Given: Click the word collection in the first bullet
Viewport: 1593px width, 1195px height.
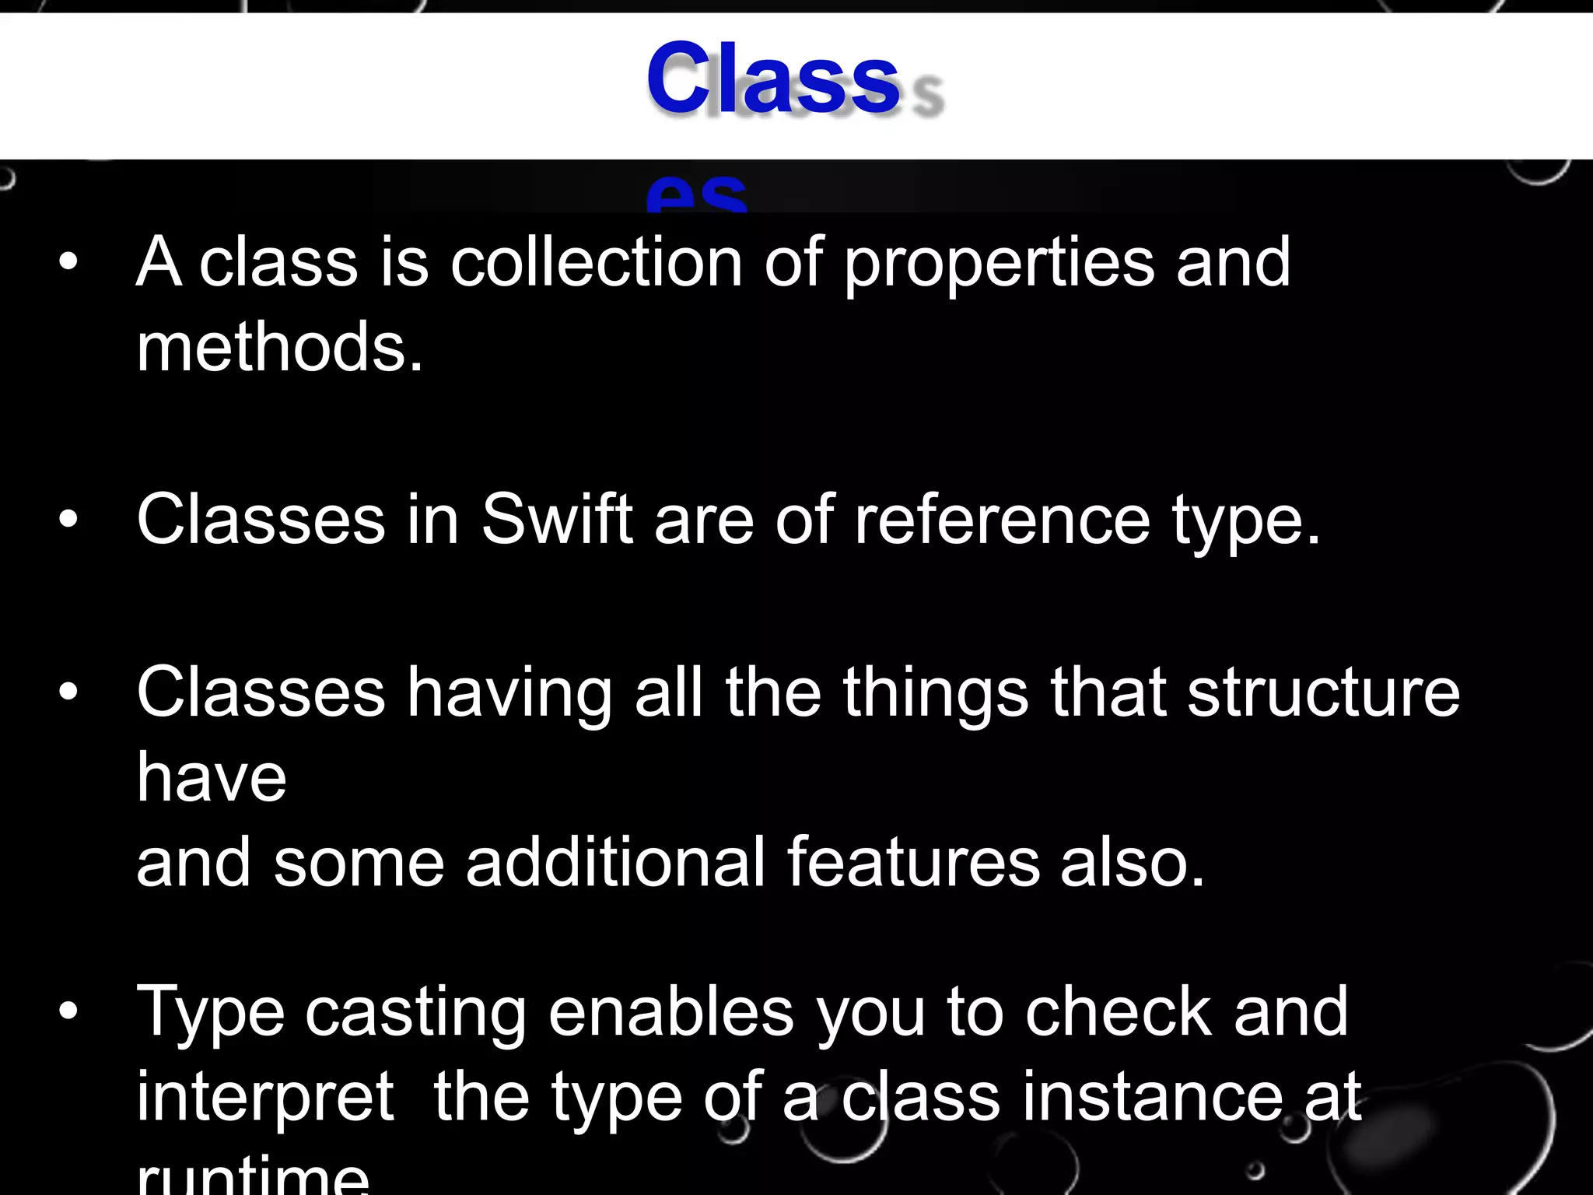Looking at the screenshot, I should tap(597, 263).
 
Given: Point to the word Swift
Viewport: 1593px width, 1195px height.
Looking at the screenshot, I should tap(557, 520).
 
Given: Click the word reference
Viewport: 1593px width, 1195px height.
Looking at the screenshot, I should tap(1002, 520).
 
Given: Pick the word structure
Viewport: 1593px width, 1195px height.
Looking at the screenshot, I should tap(1323, 692).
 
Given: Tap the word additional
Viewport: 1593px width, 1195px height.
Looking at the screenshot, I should tap(616, 862).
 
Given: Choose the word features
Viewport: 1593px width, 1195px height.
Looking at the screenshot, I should tap(913, 862).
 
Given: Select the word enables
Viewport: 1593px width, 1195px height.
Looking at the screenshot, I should tap(671, 1011).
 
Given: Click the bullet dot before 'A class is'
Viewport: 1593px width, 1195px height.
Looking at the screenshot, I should tap(68, 263).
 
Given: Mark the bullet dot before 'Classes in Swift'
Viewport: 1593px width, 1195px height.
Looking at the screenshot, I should tap(68, 519).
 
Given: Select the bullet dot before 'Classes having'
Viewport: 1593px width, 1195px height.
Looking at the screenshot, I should tap(68, 692).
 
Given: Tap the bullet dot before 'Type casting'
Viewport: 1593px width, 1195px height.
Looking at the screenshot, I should tap(68, 1011).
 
